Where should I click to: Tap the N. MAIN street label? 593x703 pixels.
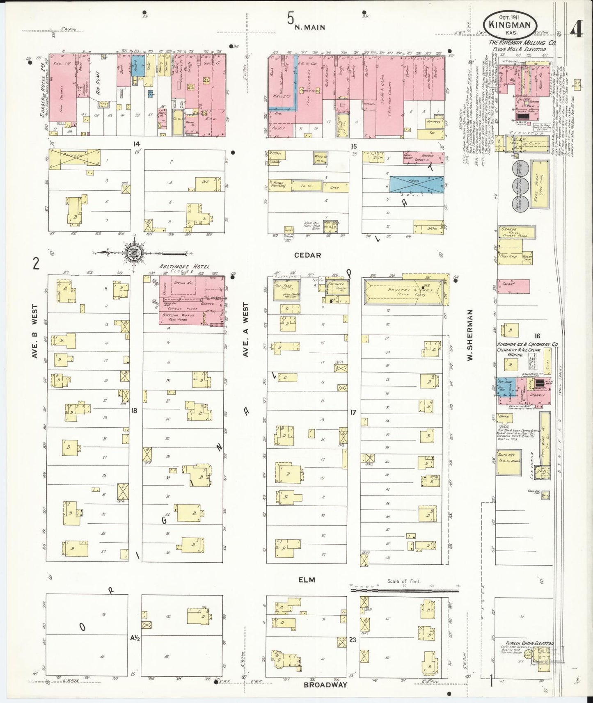310,27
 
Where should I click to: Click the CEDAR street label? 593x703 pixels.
307,255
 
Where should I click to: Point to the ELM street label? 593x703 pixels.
307,580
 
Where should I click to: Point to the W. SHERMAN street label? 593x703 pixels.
471,335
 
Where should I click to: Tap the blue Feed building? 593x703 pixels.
416,183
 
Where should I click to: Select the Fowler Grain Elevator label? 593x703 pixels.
530,655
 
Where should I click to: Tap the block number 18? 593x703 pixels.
134,409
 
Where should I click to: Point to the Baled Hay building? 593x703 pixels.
508,461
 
